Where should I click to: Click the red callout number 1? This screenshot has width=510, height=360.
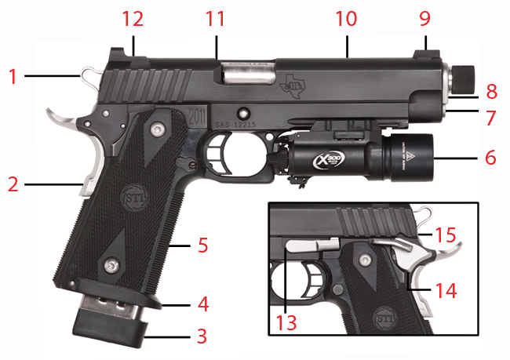13,77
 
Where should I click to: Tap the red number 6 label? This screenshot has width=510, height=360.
490,157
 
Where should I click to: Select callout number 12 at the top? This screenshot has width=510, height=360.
133,17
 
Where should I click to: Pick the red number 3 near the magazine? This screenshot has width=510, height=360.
202,338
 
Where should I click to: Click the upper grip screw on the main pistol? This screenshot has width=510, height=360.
158,128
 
